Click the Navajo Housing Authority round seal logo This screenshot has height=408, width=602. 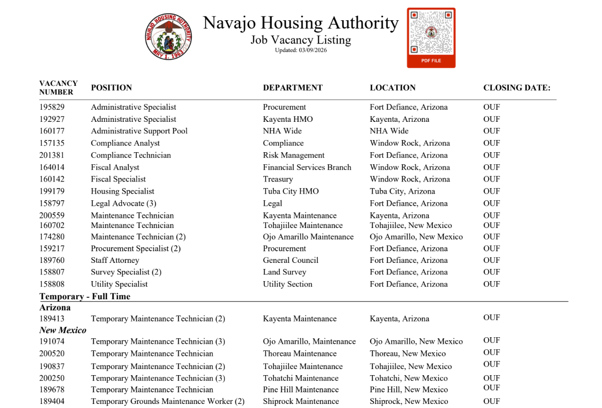tap(169, 37)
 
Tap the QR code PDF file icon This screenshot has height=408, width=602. tap(431, 37)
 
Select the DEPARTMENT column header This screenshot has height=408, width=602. tap(292, 87)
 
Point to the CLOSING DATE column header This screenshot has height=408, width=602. tap(517, 87)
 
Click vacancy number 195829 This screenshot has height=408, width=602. tap(52, 107)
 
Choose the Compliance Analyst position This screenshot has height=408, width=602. tap(125, 143)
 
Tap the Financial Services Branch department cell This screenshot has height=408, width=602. tap(307, 167)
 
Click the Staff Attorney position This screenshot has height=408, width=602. tap(115, 260)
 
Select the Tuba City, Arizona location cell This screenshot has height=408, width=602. tap(402, 191)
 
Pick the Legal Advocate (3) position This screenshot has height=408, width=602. tap(123, 203)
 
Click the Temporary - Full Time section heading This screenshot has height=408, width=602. tap(85, 296)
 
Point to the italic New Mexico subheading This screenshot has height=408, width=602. tap(63, 330)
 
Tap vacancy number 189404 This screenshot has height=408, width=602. tap(52, 401)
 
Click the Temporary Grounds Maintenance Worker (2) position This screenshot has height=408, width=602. tap(168, 401)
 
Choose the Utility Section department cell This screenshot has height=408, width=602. tap(287, 284)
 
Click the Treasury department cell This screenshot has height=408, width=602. tap(278, 179)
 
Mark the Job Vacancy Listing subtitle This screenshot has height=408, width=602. tap(300, 40)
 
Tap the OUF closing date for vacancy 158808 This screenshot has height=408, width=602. tap(491, 284)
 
